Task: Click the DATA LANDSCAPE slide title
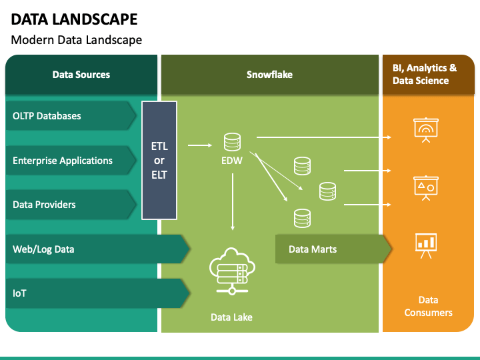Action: [x=74, y=19]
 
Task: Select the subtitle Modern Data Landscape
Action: [x=77, y=40]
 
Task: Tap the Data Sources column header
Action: [x=81, y=75]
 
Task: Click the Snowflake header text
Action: [x=269, y=75]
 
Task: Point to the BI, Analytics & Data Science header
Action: [x=425, y=74]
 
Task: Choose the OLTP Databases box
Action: [x=71, y=116]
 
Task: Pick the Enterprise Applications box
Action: [x=71, y=161]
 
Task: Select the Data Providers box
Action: [x=71, y=205]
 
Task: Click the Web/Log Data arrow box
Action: [x=97, y=249]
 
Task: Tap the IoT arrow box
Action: [x=97, y=293]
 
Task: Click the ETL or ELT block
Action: [x=159, y=161]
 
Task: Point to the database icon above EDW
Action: [x=233, y=142]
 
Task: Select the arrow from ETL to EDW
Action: [x=200, y=145]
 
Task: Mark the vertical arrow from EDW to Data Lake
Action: [x=233, y=202]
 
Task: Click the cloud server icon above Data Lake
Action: [x=232, y=271]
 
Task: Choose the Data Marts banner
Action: [x=333, y=249]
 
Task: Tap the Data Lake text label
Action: [x=231, y=317]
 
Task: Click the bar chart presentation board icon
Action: [x=426, y=246]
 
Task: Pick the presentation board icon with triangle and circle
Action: [x=426, y=188]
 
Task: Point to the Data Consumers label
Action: [x=428, y=306]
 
